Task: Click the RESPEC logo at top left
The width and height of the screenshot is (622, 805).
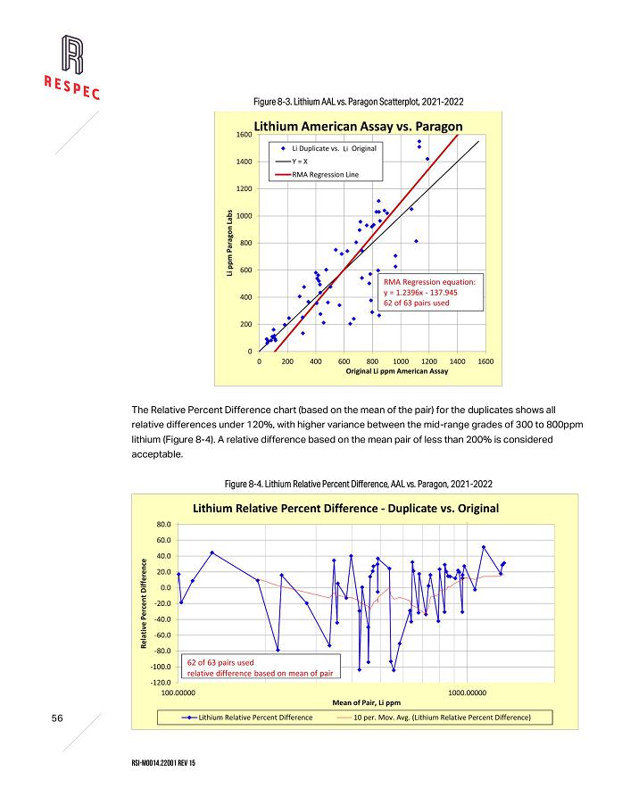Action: click(72, 67)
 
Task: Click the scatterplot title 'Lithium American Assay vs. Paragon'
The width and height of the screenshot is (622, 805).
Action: click(358, 126)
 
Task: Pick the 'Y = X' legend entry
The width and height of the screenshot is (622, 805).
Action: click(304, 161)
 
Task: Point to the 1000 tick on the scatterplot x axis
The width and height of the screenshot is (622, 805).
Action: click(402, 361)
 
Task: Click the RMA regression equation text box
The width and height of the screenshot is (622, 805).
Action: click(428, 292)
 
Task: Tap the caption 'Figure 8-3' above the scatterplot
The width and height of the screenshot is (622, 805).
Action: click(358, 101)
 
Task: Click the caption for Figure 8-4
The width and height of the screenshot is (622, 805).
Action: click(359, 483)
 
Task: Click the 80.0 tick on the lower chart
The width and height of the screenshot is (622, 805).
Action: click(164, 524)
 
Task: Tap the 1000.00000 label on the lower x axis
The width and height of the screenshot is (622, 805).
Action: click(467, 692)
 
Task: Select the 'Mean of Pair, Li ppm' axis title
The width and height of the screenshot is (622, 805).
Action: click(368, 702)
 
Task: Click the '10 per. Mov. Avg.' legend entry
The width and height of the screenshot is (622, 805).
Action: click(442, 716)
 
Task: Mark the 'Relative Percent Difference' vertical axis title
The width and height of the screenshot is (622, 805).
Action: click(145, 603)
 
